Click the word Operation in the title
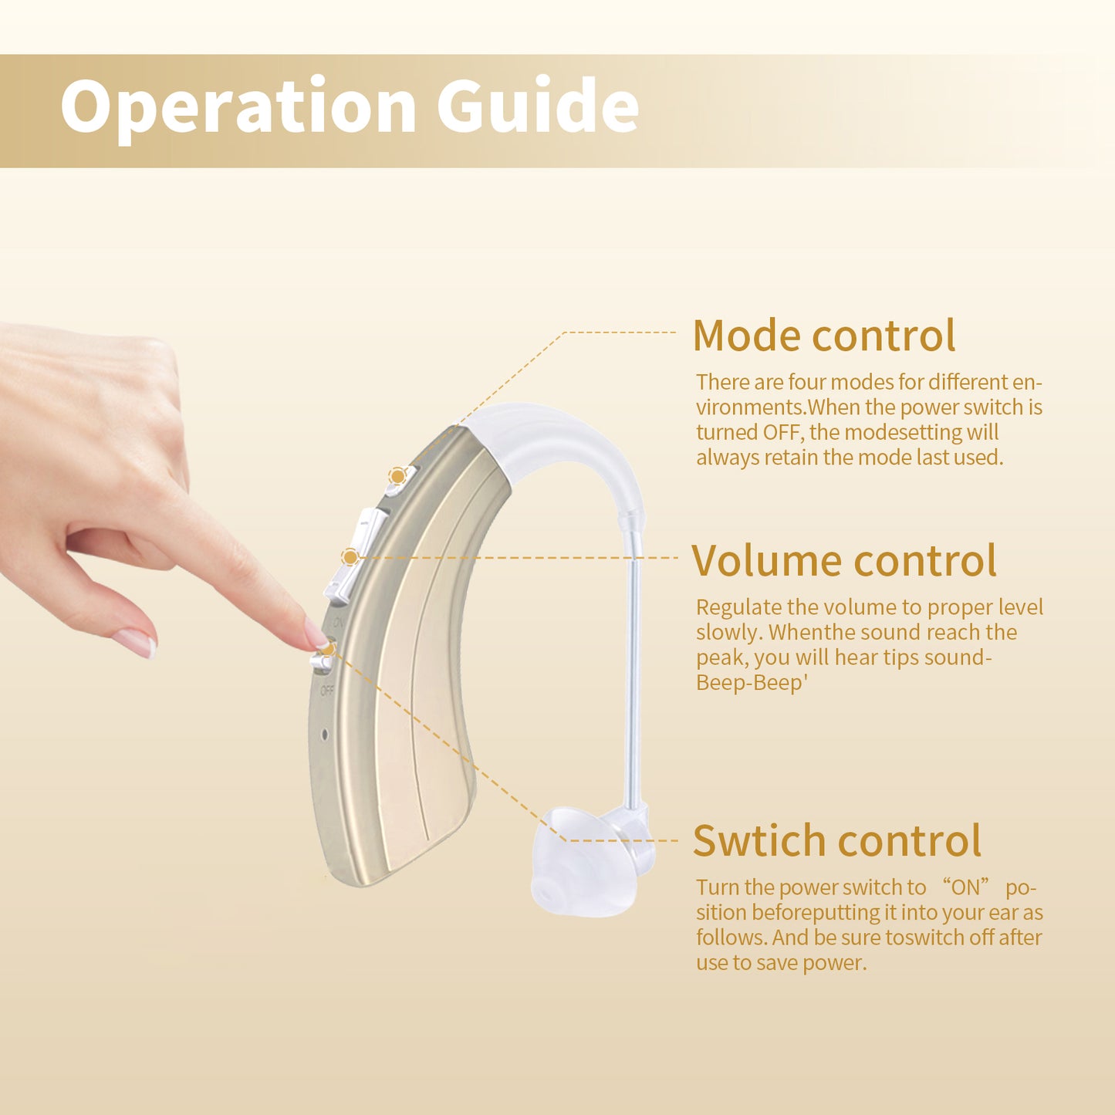tap(239, 106)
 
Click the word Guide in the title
tap(538, 106)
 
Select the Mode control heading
tap(823, 336)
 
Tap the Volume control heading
tap(843, 560)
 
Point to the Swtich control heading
tap(836, 840)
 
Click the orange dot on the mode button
tap(397, 476)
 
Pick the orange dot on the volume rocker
tap(350, 556)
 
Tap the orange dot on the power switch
tap(328, 648)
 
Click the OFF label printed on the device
tap(327, 691)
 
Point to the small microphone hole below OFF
tap(324, 735)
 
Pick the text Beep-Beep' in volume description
tap(751, 683)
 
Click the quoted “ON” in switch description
tap(965, 887)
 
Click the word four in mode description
tap(807, 382)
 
